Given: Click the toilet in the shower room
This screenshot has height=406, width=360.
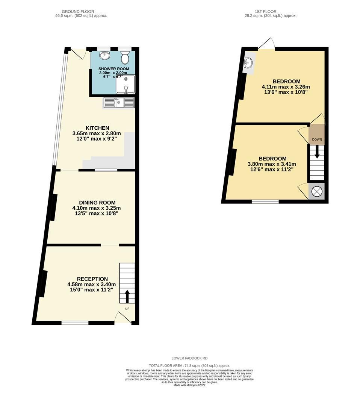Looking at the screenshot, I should click(x=125, y=58).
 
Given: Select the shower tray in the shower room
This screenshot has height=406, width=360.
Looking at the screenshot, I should click(x=125, y=85).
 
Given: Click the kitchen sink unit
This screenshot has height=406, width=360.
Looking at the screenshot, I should click(x=119, y=102).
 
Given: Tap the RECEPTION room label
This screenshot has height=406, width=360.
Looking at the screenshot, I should click(x=92, y=279).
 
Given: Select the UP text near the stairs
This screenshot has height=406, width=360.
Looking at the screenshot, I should click(x=127, y=309).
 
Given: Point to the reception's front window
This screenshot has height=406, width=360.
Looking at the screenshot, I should click(x=75, y=323).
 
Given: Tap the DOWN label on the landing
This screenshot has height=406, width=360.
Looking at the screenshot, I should click(x=317, y=139).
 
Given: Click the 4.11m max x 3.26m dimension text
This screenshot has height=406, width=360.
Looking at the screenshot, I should click(x=286, y=87).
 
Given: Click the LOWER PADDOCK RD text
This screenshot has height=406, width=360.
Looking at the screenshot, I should click(x=189, y=358).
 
